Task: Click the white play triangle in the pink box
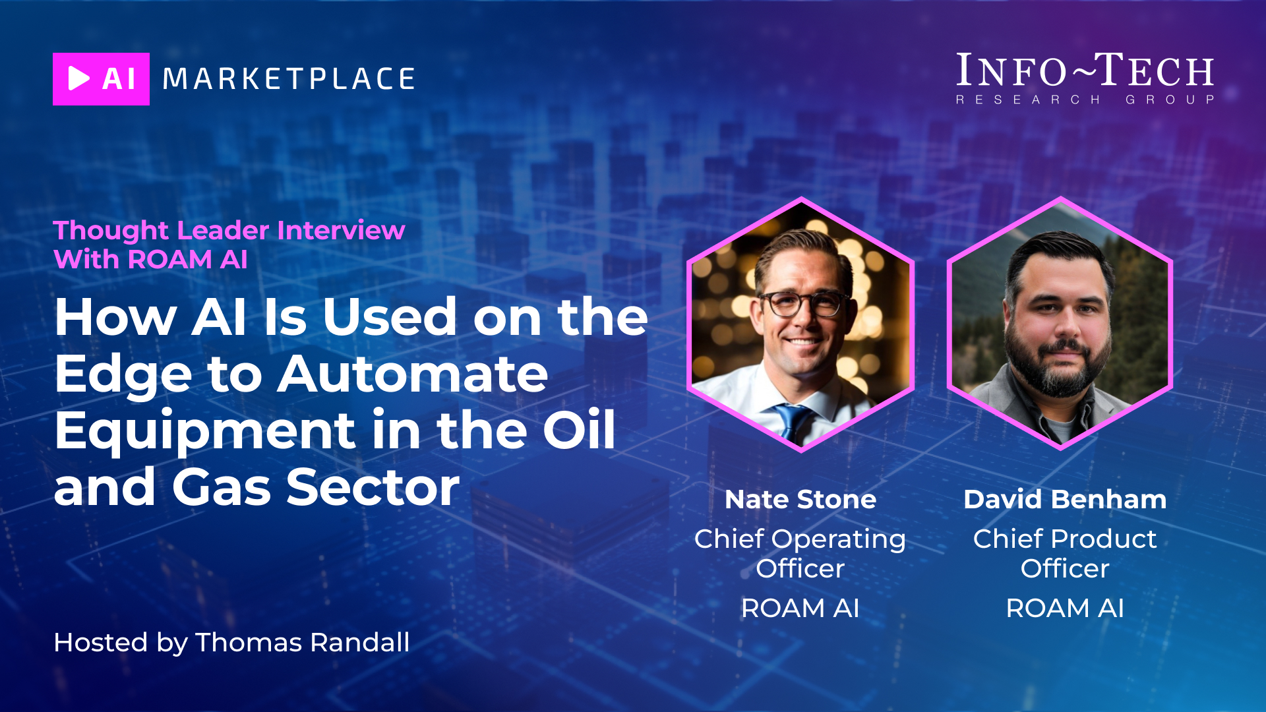78,78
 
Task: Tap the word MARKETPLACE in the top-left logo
289,79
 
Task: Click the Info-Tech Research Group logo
1085,78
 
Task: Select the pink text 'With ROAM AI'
150,259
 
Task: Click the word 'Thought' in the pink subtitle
111,231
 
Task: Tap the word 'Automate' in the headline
413,374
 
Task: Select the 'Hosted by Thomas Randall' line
231,642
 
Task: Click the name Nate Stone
800,499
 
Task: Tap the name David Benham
1065,499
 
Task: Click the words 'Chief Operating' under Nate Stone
800,539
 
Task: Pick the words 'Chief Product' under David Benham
1065,539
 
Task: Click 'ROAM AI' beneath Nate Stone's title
800,608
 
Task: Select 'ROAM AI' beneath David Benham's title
1065,608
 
